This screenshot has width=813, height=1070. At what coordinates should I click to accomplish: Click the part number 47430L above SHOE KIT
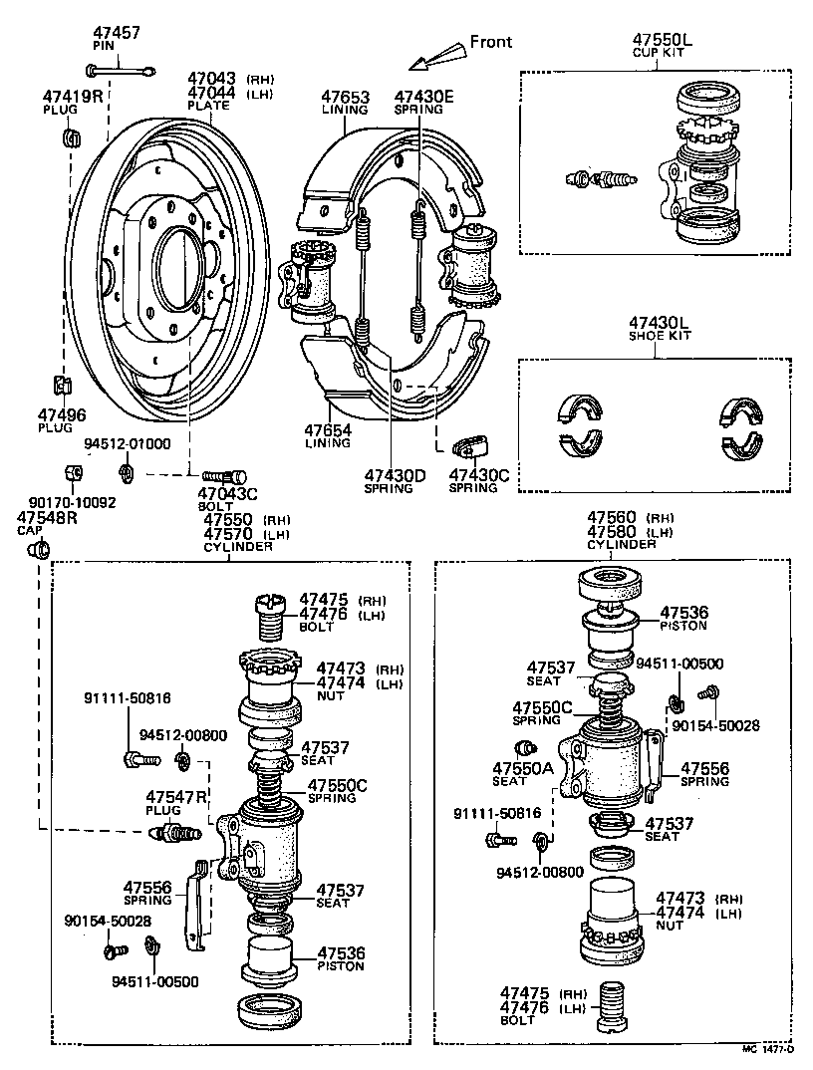(659, 323)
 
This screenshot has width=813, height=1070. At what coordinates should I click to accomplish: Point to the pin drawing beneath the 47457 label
(120, 70)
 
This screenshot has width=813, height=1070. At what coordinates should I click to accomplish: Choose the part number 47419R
(73, 97)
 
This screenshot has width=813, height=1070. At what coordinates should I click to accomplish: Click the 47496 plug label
(62, 415)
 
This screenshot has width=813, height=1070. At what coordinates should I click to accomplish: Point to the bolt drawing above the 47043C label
(224, 476)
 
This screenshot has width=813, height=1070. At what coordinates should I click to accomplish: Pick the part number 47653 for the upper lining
(345, 98)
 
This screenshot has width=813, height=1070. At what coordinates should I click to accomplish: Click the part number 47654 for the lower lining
(329, 430)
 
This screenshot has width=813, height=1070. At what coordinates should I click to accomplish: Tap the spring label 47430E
(423, 98)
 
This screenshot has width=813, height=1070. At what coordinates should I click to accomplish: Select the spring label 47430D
(395, 475)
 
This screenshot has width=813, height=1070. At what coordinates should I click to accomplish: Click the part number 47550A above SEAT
(523, 768)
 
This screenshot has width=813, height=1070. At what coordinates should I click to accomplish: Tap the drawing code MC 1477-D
(767, 1049)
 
